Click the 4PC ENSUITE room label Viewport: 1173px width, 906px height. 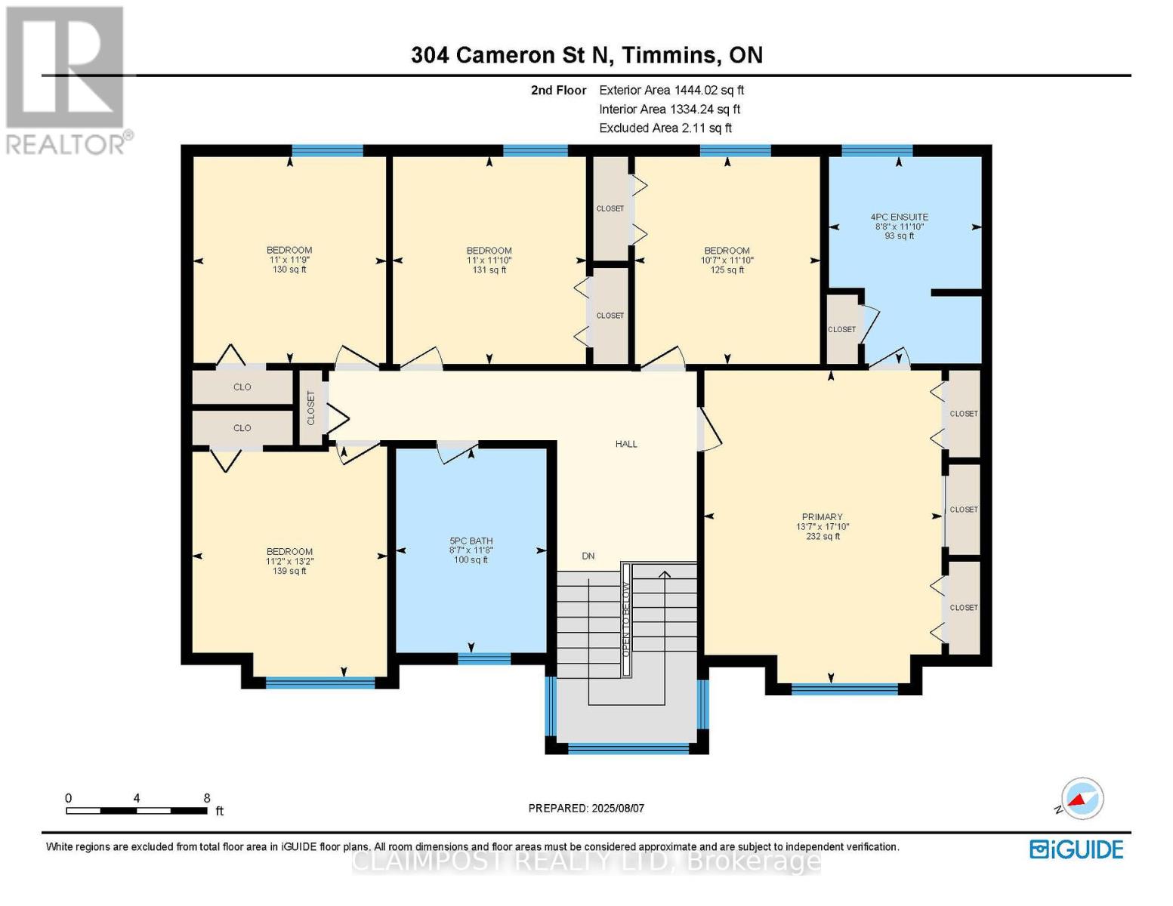[x=899, y=217]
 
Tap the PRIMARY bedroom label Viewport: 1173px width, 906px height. [x=822, y=516]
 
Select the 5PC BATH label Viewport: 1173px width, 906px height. [x=471, y=541]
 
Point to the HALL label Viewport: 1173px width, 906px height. [x=626, y=443]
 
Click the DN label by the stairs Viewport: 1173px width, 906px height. [x=588, y=556]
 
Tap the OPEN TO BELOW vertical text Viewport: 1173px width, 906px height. [x=625, y=619]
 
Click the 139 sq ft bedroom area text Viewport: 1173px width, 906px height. [x=289, y=571]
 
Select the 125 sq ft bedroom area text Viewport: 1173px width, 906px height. [x=727, y=270]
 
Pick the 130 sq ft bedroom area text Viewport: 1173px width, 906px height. [x=289, y=270]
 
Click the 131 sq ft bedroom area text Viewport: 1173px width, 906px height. [x=489, y=270]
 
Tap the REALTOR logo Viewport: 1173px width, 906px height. [x=67, y=81]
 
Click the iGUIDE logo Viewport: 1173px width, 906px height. [x=1076, y=849]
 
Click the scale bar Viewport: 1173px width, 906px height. [x=137, y=810]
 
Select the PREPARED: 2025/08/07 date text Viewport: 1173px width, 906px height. [x=586, y=809]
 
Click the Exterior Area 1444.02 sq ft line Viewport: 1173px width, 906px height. [x=671, y=90]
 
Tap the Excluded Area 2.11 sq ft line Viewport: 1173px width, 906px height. [x=665, y=128]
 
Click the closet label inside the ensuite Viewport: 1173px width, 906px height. [x=841, y=329]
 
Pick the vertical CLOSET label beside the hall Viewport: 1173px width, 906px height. [x=311, y=408]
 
